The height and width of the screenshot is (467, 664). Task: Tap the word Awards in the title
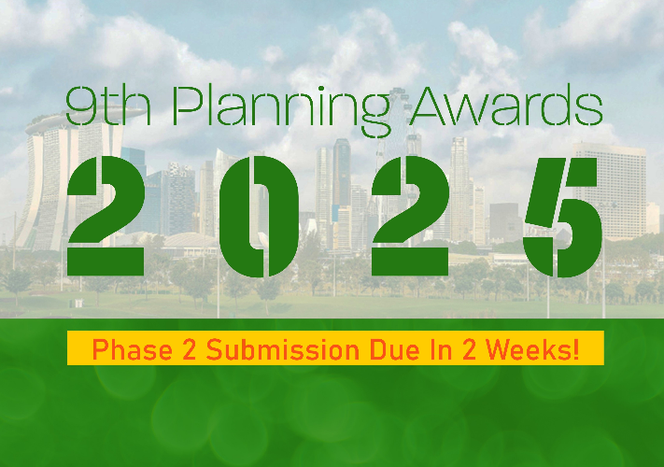[506, 106]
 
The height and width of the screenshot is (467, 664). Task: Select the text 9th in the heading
[108, 106]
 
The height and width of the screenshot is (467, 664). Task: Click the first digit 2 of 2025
[106, 216]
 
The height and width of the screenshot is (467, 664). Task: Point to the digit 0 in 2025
[259, 217]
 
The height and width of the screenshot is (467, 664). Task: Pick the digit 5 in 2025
[562, 218]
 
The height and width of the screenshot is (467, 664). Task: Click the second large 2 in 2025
[410, 216]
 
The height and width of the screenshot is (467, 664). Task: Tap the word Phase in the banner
[132, 349]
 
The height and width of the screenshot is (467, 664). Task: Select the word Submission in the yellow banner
[283, 349]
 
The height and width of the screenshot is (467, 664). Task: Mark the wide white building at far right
[610, 191]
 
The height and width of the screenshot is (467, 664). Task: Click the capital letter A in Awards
[430, 106]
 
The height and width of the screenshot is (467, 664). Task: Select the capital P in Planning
[188, 106]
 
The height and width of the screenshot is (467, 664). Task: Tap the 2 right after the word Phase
[190, 349]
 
